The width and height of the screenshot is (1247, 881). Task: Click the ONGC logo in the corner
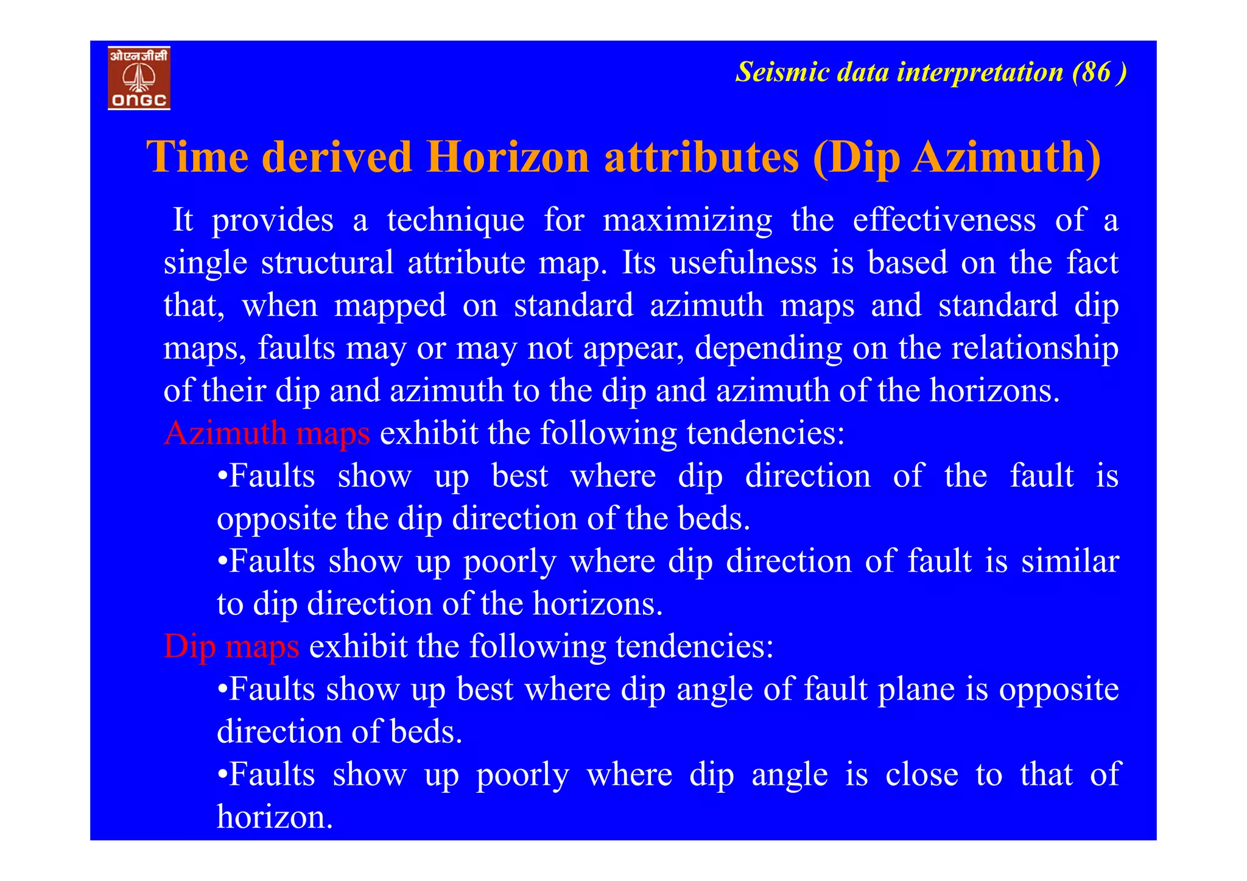coord(139,78)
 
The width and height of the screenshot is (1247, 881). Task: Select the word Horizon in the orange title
coord(508,158)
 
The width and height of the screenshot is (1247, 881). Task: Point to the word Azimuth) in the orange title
coord(1006,158)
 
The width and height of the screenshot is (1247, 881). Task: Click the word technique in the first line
coord(455,220)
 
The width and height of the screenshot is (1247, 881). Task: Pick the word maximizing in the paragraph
coord(687,220)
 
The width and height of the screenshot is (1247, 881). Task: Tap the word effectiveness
coord(944,220)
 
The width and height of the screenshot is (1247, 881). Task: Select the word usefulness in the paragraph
coord(743,262)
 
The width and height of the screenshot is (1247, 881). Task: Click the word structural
coord(328,262)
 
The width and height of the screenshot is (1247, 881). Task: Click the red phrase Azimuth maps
coord(267,433)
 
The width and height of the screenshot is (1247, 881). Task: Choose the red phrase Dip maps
coord(231,647)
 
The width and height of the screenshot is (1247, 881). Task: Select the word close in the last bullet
coord(921,774)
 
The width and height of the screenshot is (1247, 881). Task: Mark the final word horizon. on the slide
coord(275,817)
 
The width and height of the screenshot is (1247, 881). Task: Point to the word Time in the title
coord(197,158)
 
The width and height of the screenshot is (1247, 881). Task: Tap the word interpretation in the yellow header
coord(980,72)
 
